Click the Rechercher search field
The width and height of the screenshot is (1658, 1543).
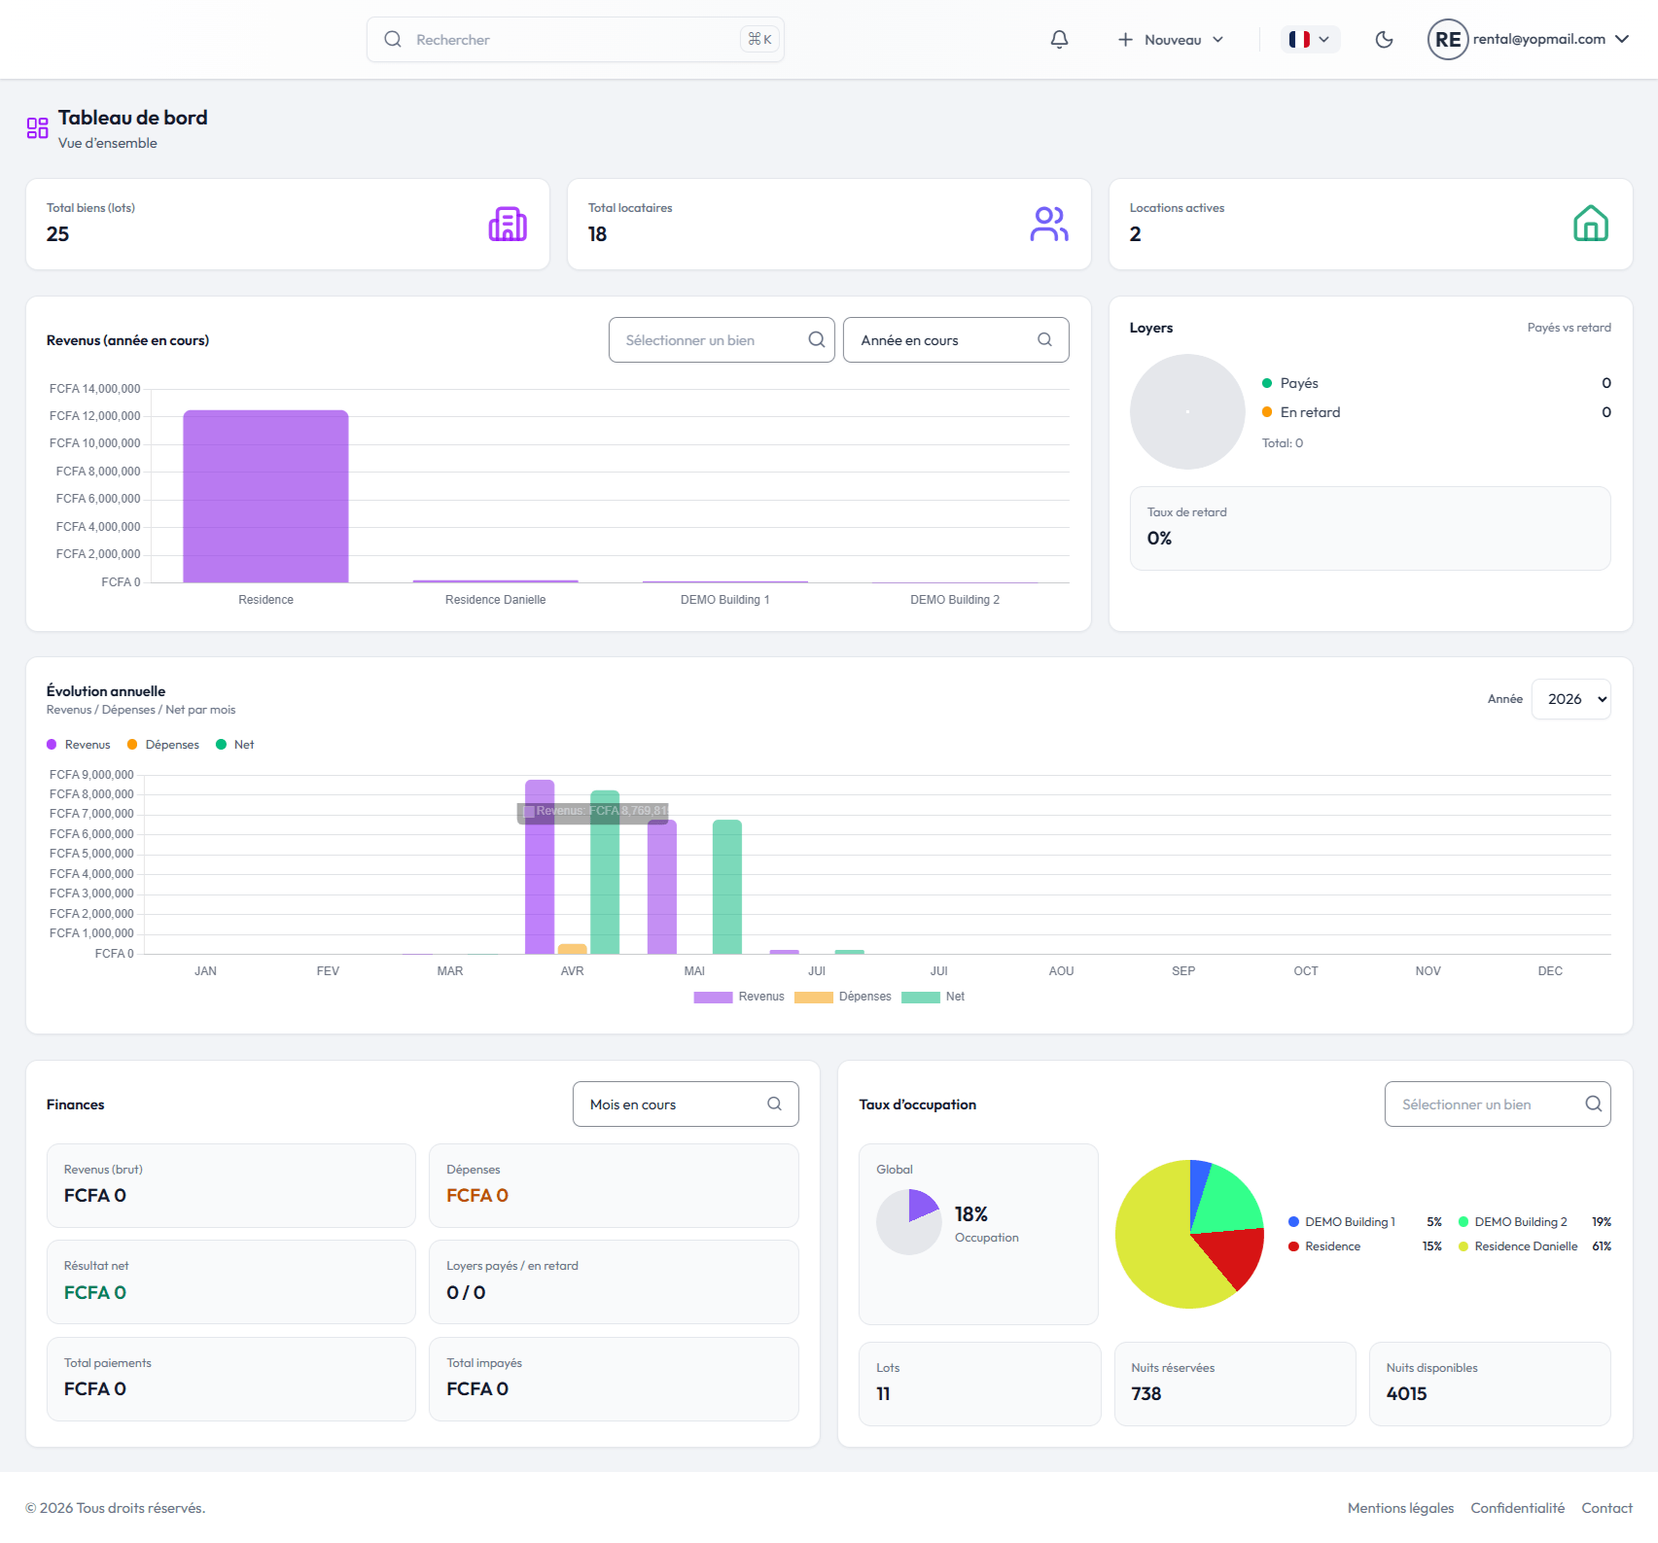coord(575,40)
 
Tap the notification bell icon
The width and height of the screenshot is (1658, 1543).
coord(1059,40)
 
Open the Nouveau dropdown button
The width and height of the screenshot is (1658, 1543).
coord(1171,40)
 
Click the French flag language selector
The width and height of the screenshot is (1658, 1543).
coord(1309,40)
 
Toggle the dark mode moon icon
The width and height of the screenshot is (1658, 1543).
coord(1384,40)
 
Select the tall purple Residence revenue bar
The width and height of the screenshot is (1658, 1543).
coord(265,496)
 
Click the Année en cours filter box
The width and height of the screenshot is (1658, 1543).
coord(956,340)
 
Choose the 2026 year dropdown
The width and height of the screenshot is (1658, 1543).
coord(1570,699)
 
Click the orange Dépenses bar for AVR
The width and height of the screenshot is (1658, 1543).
coord(572,949)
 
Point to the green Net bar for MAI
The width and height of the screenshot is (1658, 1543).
coord(727,887)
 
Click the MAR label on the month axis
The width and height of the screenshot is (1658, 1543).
coord(450,971)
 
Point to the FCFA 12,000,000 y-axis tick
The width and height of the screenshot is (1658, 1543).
coord(95,416)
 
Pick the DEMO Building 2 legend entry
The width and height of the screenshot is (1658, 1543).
coord(1521,1222)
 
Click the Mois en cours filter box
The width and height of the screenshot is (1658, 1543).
coord(686,1105)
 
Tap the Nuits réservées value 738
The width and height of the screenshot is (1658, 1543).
coord(1146,1394)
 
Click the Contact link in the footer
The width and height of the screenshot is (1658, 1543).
coord(1606,1508)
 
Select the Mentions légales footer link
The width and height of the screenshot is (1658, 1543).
coord(1400,1508)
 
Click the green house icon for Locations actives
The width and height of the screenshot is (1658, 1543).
coord(1591,224)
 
